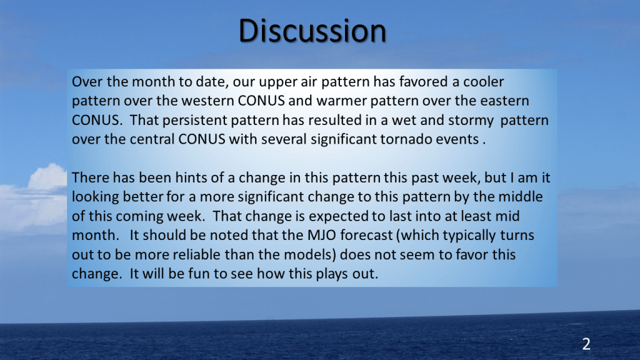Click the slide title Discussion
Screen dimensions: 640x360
(312, 31)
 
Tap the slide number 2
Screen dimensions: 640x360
(586, 344)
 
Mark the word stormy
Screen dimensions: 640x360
(471, 121)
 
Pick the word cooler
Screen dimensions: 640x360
(483, 82)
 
